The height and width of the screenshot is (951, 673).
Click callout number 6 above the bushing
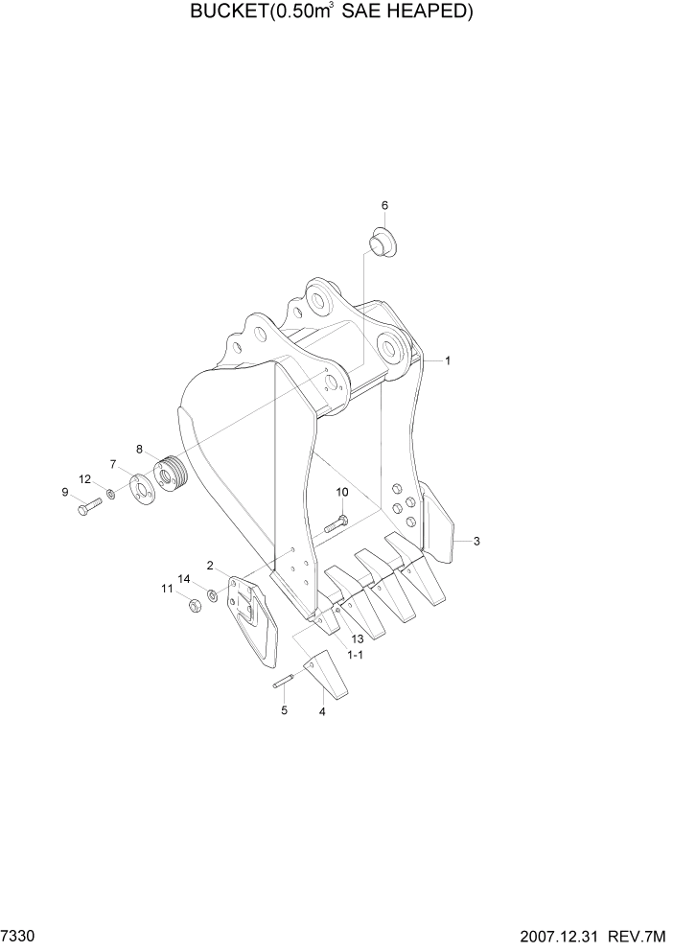pyautogui.click(x=385, y=205)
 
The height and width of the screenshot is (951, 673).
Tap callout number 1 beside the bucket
pyautogui.click(x=448, y=361)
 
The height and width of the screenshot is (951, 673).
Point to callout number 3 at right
pyautogui.click(x=476, y=542)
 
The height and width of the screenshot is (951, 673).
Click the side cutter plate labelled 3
pyautogui.click(x=440, y=522)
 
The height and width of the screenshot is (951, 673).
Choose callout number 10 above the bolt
pyautogui.click(x=342, y=493)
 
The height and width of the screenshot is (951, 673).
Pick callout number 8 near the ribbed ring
pyautogui.click(x=140, y=449)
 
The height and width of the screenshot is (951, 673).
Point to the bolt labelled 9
pyautogui.click(x=83, y=507)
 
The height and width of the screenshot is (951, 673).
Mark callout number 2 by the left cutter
pyautogui.click(x=209, y=566)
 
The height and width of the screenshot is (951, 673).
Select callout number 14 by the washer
pyautogui.click(x=185, y=578)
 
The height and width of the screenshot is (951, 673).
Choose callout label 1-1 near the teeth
pyautogui.click(x=354, y=655)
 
